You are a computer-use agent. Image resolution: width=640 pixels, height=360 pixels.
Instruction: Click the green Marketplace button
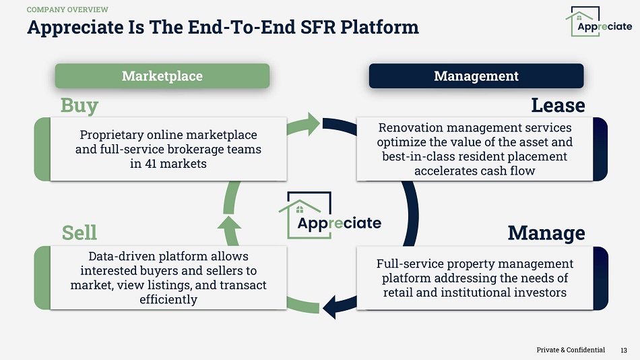coord(162,76)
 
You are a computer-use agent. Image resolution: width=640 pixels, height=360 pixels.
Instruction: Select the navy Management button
coord(476,76)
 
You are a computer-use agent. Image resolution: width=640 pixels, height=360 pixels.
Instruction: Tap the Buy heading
coord(79,106)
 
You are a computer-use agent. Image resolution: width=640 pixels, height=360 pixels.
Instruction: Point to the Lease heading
coord(558,105)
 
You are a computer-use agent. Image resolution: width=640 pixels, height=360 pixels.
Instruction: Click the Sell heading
coord(79,233)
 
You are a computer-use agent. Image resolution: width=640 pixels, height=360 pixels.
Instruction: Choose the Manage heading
coord(546,233)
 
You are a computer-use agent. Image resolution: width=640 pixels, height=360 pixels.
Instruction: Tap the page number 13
coord(624,350)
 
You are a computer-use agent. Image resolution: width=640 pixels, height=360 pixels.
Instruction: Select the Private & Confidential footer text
coord(571,350)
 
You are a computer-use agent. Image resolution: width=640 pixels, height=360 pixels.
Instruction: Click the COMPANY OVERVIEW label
coord(67,9)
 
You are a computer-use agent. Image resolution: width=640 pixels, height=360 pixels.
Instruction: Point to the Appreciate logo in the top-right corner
coord(598,22)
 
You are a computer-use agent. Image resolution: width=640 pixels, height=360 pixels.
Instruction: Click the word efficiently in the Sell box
coord(168,299)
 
